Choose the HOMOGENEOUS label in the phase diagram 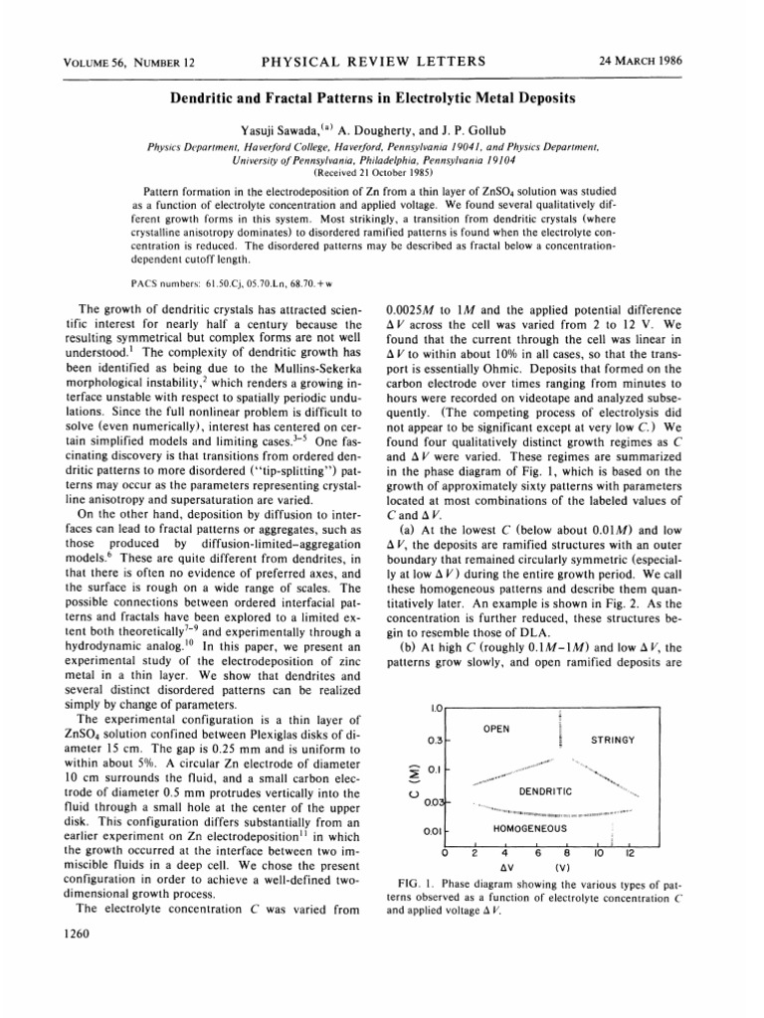(x=530, y=828)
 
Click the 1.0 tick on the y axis (x=436, y=707)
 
